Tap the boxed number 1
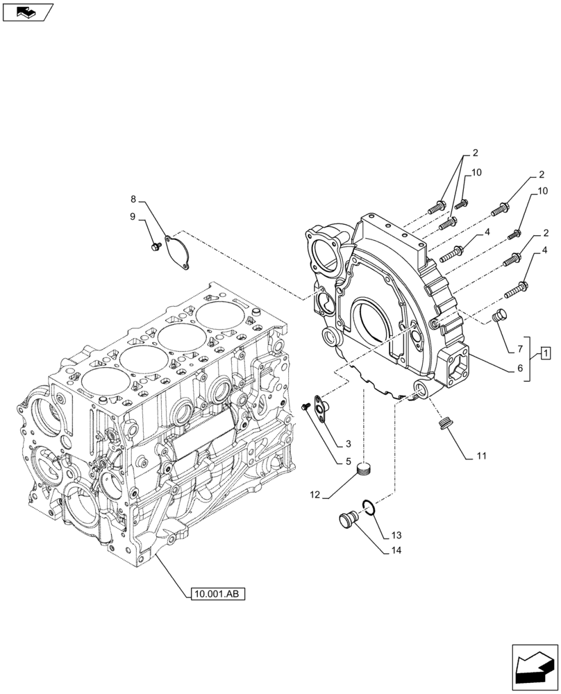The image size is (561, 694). click(x=546, y=355)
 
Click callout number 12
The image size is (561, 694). click(x=315, y=496)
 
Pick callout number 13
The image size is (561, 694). click(x=395, y=536)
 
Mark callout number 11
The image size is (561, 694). click(x=481, y=457)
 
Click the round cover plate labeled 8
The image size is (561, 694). click(x=178, y=251)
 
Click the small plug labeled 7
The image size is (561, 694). click(x=499, y=316)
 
